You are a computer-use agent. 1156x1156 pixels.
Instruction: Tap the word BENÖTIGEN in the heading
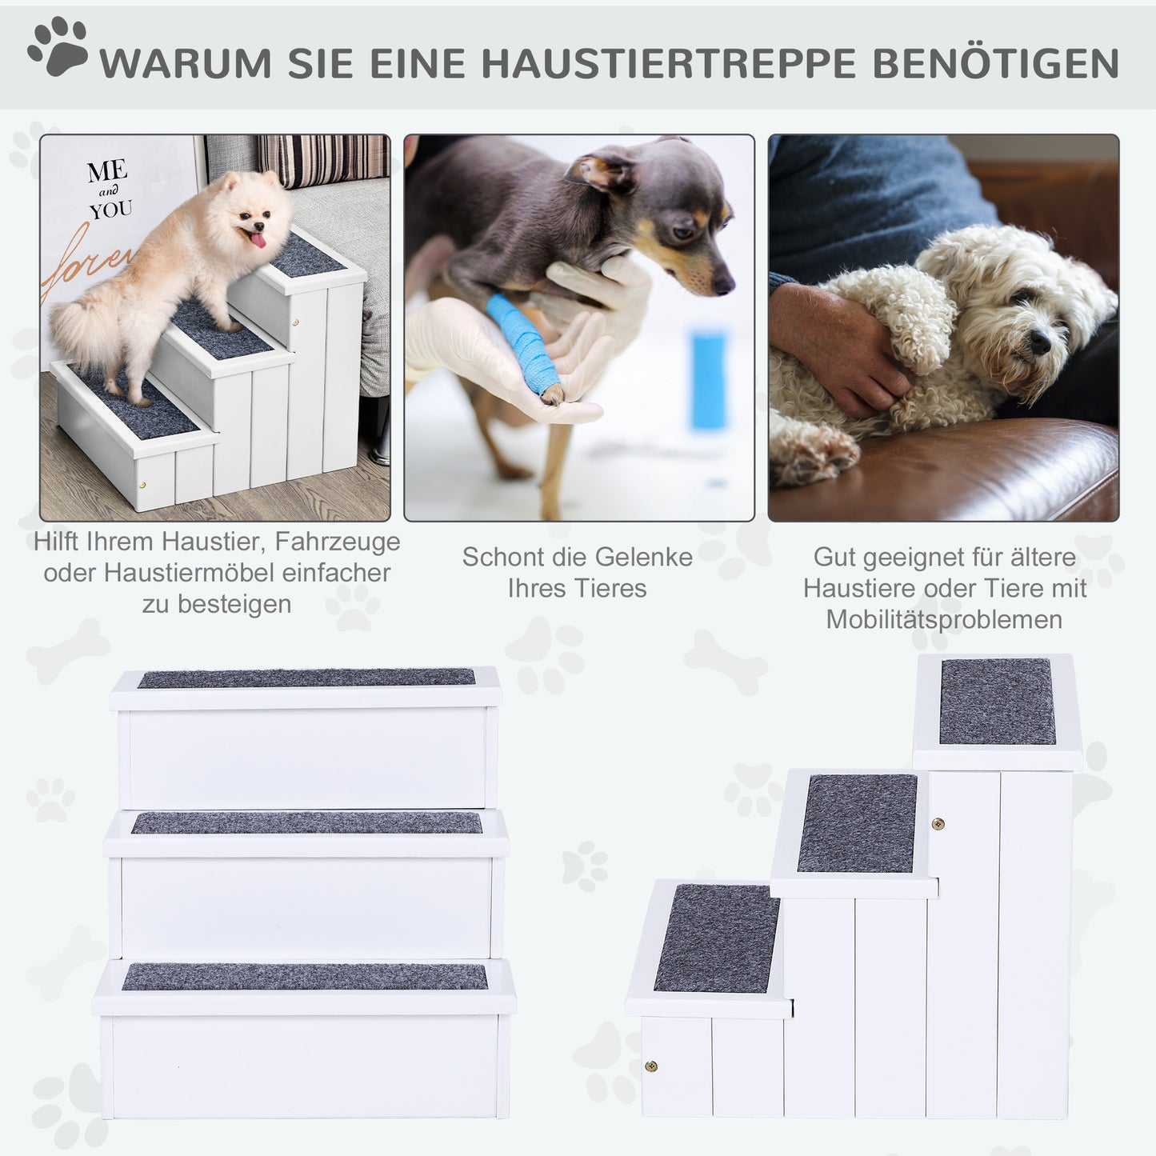(x=995, y=64)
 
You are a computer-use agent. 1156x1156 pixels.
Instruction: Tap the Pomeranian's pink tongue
(x=258, y=238)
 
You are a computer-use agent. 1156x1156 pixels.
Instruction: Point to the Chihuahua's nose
(x=725, y=283)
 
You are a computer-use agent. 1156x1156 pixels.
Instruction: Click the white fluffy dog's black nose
(x=1039, y=342)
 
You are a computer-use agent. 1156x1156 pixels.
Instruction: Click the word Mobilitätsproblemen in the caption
(x=944, y=619)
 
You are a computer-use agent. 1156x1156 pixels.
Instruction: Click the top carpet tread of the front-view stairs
(x=306, y=678)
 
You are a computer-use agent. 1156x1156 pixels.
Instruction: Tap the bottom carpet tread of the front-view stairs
(x=305, y=976)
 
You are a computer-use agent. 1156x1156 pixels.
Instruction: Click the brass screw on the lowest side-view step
(x=651, y=1066)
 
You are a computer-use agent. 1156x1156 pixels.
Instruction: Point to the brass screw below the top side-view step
(x=938, y=824)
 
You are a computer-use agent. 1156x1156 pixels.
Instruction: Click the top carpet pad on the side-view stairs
(x=997, y=702)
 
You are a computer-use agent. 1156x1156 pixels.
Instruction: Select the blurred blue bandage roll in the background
(x=709, y=379)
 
